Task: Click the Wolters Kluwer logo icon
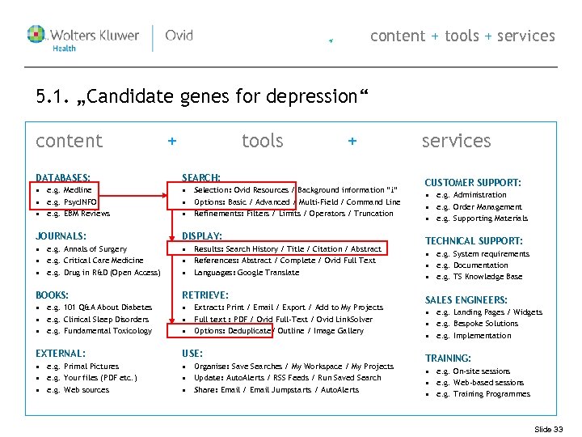[37, 35]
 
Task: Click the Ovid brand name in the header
[179, 36]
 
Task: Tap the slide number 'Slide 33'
[548, 429]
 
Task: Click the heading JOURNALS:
[61, 236]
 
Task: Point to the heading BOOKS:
[53, 295]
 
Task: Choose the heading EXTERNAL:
[61, 354]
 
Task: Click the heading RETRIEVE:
[205, 295]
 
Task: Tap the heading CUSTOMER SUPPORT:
[473, 183]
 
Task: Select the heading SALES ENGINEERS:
[466, 300]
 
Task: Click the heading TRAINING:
[448, 359]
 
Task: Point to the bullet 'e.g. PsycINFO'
[72, 202]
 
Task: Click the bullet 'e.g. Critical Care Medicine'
[95, 261]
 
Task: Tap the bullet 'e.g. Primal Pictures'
[82, 367]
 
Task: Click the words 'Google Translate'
[271, 273]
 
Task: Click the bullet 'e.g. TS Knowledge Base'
[479, 277]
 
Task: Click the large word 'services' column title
[456, 141]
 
